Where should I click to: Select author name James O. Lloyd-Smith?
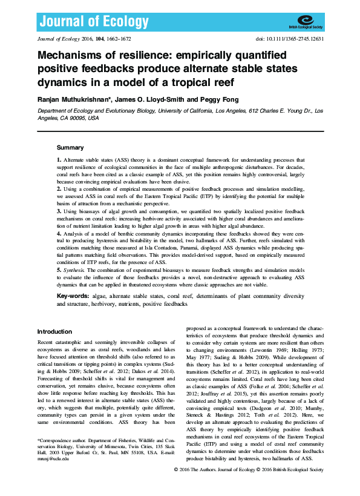(x=144, y=99)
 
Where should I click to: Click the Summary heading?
(x=70, y=148)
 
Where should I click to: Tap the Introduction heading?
(x=54, y=332)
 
